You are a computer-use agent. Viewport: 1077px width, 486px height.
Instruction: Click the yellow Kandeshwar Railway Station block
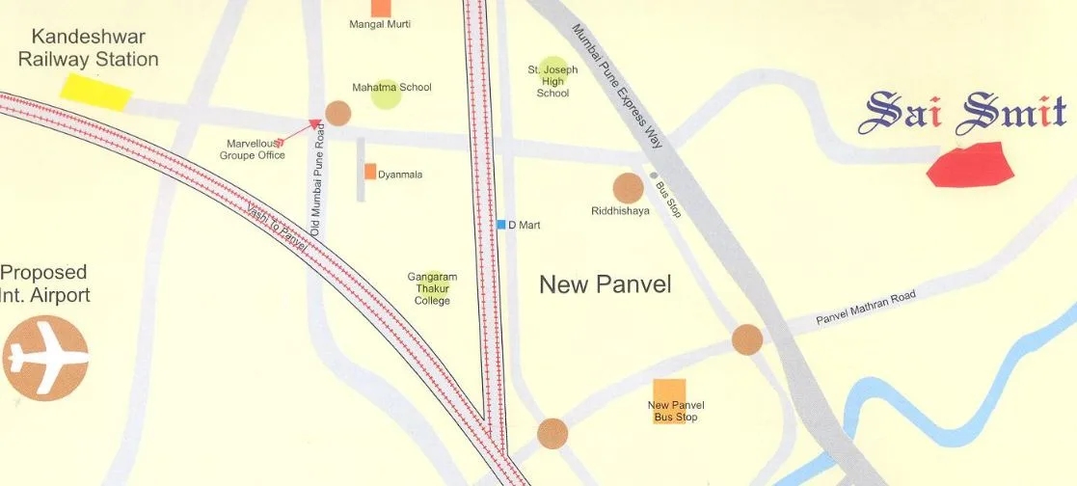click(96, 91)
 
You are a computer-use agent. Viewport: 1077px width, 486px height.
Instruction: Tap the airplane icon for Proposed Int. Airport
click(44, 358)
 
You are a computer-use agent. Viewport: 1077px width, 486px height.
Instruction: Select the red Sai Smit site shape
click(970, 164)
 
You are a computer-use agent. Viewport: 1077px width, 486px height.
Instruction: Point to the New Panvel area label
click(605, 284)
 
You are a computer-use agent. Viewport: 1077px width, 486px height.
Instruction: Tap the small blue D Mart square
click(501, 225)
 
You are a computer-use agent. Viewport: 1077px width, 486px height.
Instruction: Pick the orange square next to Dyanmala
click(370, 172)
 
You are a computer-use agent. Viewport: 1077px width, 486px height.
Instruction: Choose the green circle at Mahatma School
click(386, 94)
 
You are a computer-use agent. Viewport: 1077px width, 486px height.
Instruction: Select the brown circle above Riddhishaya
click(628, 188)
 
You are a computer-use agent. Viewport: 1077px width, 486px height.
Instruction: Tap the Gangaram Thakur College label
click(432, 289)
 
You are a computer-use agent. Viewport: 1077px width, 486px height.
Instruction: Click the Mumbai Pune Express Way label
click(619, 85)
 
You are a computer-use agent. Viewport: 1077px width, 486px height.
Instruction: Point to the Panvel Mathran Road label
click(865, 308)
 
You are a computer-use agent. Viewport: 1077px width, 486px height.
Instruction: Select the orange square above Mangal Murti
click(381, 7)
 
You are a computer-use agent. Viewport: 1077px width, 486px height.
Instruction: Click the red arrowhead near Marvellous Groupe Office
click(314, 123)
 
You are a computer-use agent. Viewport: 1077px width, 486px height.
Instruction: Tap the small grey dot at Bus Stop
click(654, 175)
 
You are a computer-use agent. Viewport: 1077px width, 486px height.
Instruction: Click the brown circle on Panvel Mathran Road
click(747, 339)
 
